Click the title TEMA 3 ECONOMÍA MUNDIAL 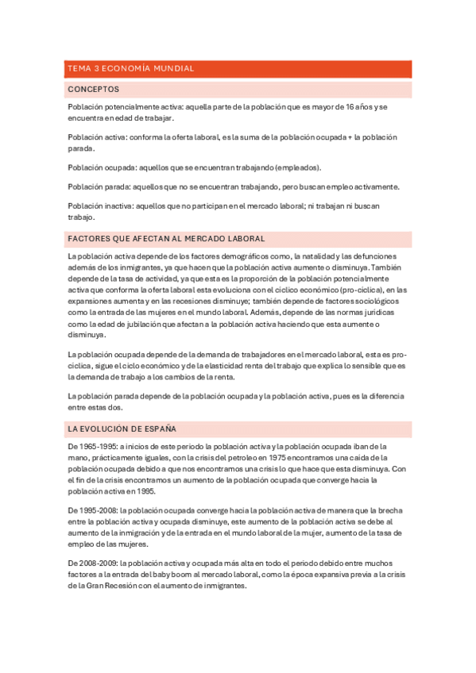131,69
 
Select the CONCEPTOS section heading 94,90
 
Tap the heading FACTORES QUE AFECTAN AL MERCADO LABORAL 166,238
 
